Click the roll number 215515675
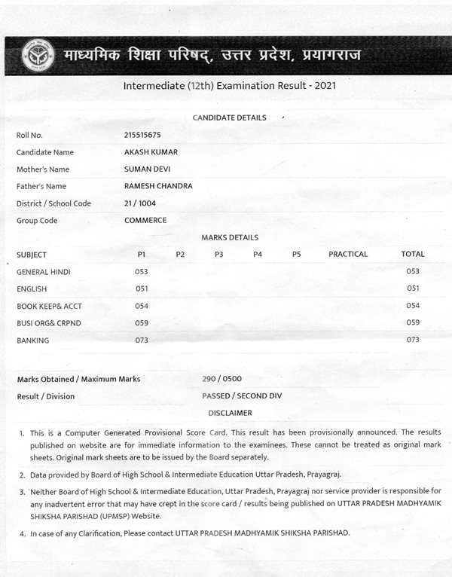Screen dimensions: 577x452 pyautogui.click(x=145, y=135)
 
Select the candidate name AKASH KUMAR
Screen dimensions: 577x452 pyautogui.click(x=151, y=152)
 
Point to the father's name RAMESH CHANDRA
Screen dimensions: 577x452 pyautogui.click(x=158, y=186)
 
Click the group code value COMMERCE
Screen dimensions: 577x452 pyautogui.click(x=145, y=221)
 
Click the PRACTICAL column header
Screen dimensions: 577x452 pyautogui.click(x=348, y=255)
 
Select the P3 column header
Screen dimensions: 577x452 pyautogui.click(x=219, y=255)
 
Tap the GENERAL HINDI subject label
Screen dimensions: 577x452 pyautogui.click(x=44, y=271)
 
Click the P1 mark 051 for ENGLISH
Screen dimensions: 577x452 pyautogui.click(x=142, y=288)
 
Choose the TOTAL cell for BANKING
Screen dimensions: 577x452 pyautogui.click(x=413, y=340)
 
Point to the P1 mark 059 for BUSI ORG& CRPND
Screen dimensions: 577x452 pyautogui.click(x=142, y=322)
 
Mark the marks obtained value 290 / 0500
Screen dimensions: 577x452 pyautogui.click(x=222, y=379)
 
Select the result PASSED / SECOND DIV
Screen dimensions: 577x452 pyautogui.click(x=242, y=395)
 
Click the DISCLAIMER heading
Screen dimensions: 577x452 pyautogui.click(x=230, y=413)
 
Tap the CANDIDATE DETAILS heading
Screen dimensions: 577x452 pyautogui.click(x=229, y=118)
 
